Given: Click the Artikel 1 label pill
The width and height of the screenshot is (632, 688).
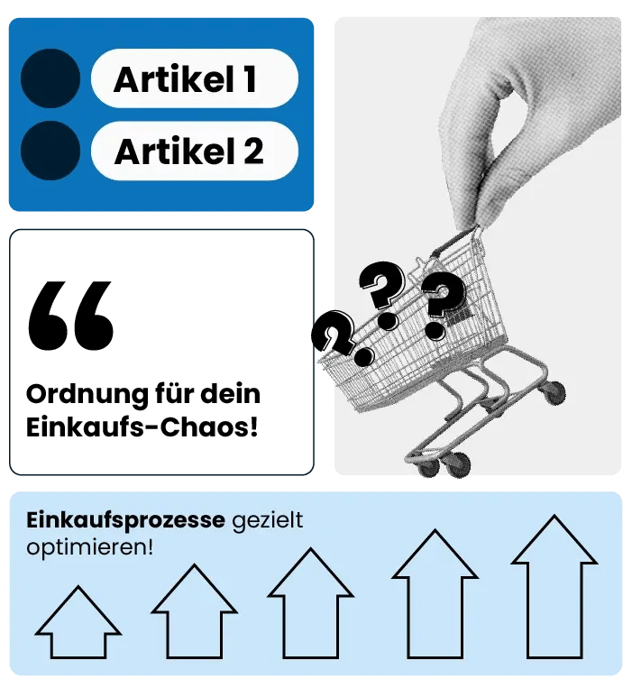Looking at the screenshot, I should point(194,79).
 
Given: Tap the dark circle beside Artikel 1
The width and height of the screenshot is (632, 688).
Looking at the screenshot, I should point(50,78).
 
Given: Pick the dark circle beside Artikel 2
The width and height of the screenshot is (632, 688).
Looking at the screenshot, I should point(50,151).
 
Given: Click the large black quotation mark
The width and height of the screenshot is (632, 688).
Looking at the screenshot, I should point(71,315).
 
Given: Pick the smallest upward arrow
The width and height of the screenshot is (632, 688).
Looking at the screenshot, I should point(79,622).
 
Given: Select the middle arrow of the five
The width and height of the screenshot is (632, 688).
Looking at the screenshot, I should point(311,603).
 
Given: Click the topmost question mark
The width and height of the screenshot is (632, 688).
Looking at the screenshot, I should point(381,287).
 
